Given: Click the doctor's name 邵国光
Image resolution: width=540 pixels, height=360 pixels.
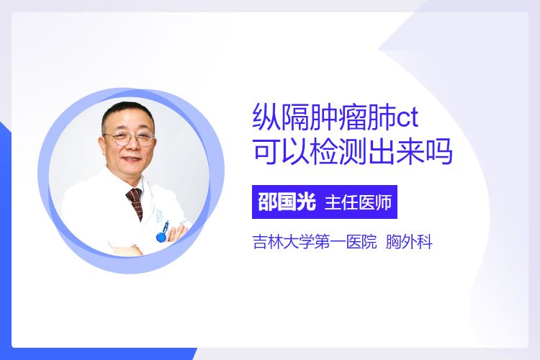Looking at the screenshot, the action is pyautogui.click(x=287, y=202).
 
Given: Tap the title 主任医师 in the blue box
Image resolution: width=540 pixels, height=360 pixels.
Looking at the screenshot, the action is pyautogui.click(x=358, y=202).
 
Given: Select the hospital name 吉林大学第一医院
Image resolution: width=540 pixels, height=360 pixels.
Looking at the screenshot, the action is pyautogui.click(x=315, y=241).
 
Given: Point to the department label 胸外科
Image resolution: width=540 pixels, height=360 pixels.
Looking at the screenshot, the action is pyautogui.click(x=409, y=241).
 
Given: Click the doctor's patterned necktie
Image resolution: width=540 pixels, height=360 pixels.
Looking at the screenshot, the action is pyautogui.click(x=135, y=202).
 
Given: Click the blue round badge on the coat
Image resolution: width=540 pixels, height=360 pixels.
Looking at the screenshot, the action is pyautogui.click(x=161, y=236).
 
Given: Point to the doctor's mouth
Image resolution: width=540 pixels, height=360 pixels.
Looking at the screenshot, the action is pyautogui.click(x=132, y=159).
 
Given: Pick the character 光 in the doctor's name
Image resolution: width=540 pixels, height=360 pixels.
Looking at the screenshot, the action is pyautogui.click(x=306, y=202).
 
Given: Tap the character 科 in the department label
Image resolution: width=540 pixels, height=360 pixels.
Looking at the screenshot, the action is pyautogui.click(x=425, y=241).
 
